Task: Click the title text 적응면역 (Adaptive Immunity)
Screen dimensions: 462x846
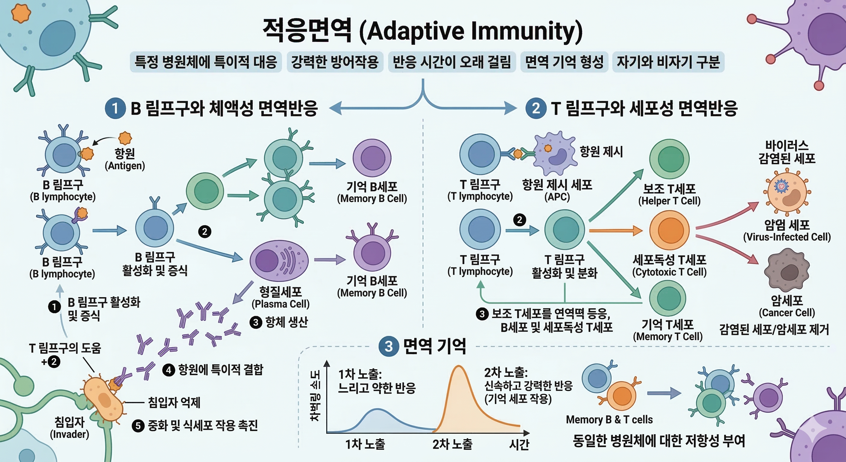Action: pyautogui.click(x=422, y=31)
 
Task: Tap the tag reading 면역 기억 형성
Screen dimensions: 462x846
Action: pyautogui.click(x=564, y=62)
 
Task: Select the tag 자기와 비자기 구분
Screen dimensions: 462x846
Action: pyautogui.click(x=668, y=62)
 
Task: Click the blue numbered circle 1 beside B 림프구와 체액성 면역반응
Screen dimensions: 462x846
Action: pyautogui.click(x=115, y=108)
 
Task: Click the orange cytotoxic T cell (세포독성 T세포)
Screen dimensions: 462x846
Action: pyautogui.click(x=669, y=230)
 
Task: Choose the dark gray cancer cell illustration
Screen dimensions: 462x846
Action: pyautogui.click(x=787, y=270)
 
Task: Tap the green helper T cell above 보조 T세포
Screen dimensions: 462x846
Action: pyautogui.click(x=669, y=159)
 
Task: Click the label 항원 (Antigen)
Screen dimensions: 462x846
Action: pyautogui.click(x=125, y=159)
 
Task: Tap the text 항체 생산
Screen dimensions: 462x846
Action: pyautogui.click(x=286, y=322)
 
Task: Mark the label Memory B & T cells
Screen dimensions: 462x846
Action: pyautogui.click(x=609, y=420)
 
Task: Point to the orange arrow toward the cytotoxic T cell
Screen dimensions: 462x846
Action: pyautogui.click(x=616, y=230)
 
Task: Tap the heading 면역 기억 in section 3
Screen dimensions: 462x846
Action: pyautogui.click(x=434, y=346)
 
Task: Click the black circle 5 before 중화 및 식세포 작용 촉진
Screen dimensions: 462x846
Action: pyautogui.click(x=138, y=426)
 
